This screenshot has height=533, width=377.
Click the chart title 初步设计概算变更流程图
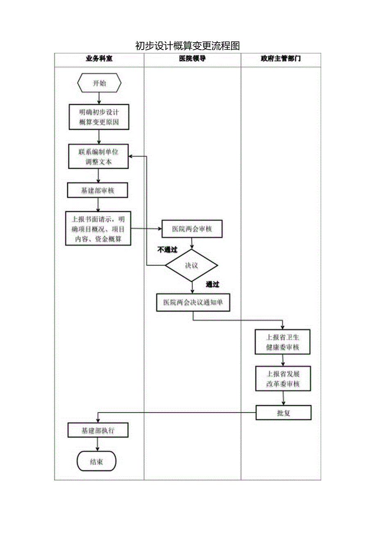[x=187, y=45]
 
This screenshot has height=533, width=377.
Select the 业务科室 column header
[x=99, y=59]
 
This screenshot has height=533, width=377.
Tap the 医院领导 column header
[x=192, y=59]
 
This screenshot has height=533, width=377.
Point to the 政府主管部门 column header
[x=281, y=59]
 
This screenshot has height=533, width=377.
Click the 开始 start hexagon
[x=99, y=83]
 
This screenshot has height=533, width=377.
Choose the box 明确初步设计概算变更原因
[x=99, y=117]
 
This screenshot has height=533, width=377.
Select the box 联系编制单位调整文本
[x=99, y=156]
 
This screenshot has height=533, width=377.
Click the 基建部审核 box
[x=98, y=190]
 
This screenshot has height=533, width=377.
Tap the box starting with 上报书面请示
[x=98, y=229]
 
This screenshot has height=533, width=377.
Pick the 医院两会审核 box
[x=192, y=229]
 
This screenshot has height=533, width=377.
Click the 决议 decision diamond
[x=192, y=265]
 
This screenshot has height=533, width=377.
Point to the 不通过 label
[x=168, y=250]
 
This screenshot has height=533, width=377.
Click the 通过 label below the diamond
[x=212, y=285]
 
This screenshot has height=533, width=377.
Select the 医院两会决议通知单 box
[x=193, y=303]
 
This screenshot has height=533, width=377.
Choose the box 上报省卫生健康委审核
[x=283, y=342]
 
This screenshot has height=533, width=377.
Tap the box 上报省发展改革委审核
[x=283, y=379]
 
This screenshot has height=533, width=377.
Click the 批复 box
[x=284, y=413]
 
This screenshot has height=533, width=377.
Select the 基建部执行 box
[x=98, y=431]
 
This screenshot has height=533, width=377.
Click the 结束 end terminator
[x=97, y=462]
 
